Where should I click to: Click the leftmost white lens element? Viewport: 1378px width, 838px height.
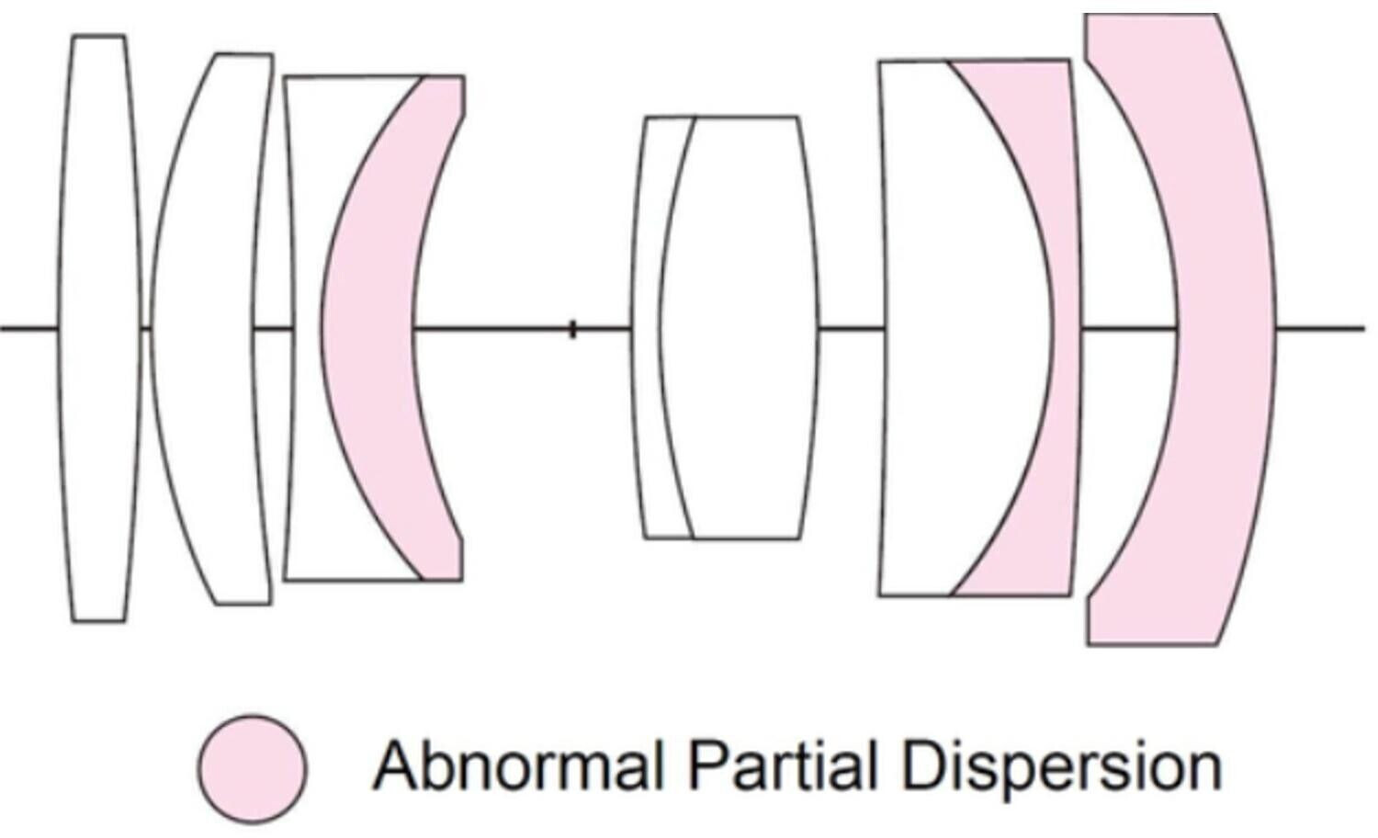99,328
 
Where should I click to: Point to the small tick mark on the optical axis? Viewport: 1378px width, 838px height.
572,329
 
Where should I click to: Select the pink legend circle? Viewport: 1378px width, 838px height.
253,768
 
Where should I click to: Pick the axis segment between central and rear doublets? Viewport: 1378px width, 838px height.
850,328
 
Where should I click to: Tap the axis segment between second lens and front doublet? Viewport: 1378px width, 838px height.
272,328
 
